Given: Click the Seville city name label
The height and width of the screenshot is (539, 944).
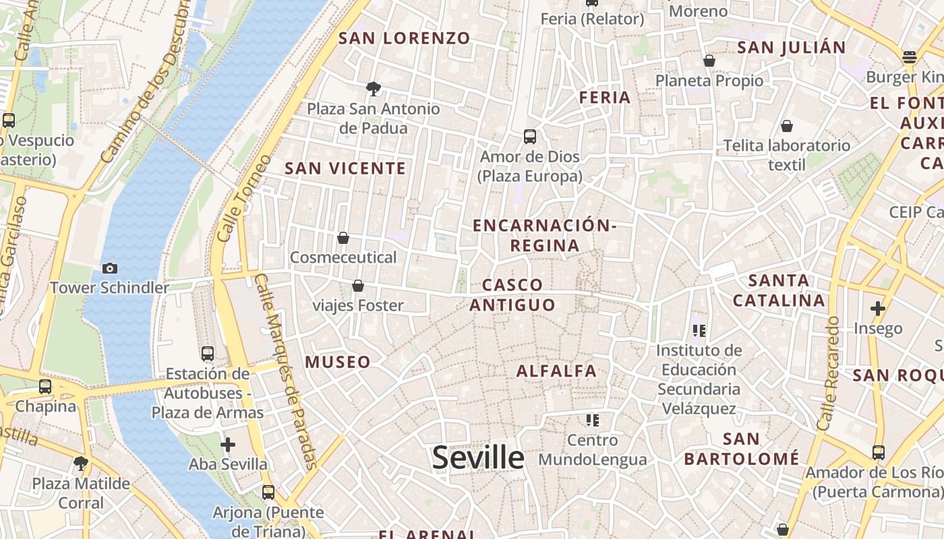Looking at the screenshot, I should (478, 458).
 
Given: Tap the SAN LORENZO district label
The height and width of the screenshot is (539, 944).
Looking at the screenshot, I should (404, 38).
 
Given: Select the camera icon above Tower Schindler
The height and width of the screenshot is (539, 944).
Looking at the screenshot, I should (110, 268).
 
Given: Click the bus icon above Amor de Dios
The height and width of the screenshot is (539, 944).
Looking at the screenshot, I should (530, 137).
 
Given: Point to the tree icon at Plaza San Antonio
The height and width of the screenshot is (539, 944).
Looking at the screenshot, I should (373, 88).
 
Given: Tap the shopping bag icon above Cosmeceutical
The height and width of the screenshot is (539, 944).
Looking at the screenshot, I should (343, 238).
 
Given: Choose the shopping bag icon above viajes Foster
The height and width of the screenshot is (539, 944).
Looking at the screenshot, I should (358, 286).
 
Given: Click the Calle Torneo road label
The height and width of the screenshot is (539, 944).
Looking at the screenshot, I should (243, 199).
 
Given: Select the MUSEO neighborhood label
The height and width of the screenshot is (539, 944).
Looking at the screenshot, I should (338, 362).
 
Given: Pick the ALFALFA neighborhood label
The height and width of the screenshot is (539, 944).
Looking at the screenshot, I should (557, 371).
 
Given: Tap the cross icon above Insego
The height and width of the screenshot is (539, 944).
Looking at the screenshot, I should (877, 309).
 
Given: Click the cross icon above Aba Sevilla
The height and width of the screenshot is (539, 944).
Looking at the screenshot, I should (228, 445).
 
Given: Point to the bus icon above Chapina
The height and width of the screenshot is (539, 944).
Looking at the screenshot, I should (45, 387).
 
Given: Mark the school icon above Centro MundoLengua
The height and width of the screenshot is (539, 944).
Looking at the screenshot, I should (593, 420).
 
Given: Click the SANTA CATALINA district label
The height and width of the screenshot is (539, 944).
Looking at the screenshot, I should (779, 290).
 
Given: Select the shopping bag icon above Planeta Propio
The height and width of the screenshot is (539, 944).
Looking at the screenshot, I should (709, 61).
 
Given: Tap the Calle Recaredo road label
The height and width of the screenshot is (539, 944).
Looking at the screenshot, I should (829, 374).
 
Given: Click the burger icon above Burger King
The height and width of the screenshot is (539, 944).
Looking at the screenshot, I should (910, 57).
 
